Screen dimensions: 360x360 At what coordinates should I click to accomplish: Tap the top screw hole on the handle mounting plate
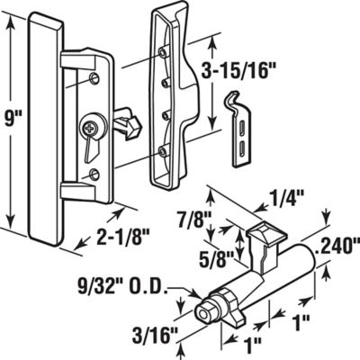point(94,81)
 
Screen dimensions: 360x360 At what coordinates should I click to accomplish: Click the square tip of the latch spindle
point(206,315)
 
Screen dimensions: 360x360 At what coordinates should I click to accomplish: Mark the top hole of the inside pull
point(163,53)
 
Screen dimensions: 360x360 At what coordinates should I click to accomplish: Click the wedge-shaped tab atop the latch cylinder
point(262,236)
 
